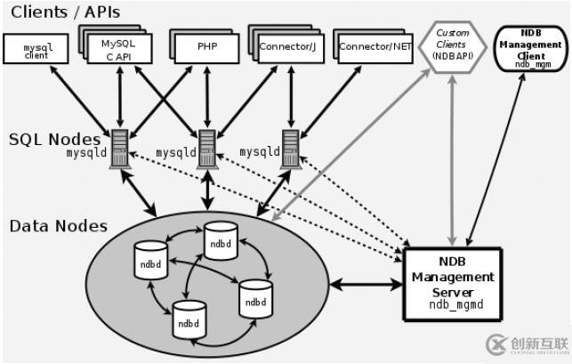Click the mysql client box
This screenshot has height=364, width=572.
coord(36,48)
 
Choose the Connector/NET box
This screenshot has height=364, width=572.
coord(373,46)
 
